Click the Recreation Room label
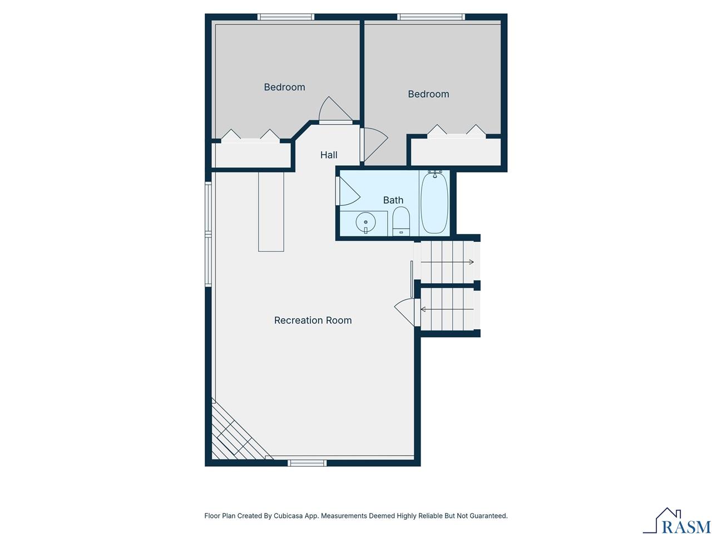pyautogui.click(x=313, y=320)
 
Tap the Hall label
pyautogui.click(x=329, y=155)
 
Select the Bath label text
pyautogui.click(x=393, y=200)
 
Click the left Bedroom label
pyautogui.click(x=284, y=87)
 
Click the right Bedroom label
pyautogui.click(x=428, y=95)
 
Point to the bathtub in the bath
pyautogui.click(x=434, y=203)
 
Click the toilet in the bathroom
pyautogui.click(x=401, y=221)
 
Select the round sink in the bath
pyautogui.click(x=365, y=222)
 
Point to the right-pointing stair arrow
pyautogui.click(x=447, y=262)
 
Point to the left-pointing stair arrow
pyautogui.click(x=447, y=309)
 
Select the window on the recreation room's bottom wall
pyautogui.click(x=307, y=462)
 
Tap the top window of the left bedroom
pyautogui.click(x=286, y=17)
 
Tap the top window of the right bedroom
pyautogui.click(x=431, y=17)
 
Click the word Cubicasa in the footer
pyautogui.click(x=289, y=516)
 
